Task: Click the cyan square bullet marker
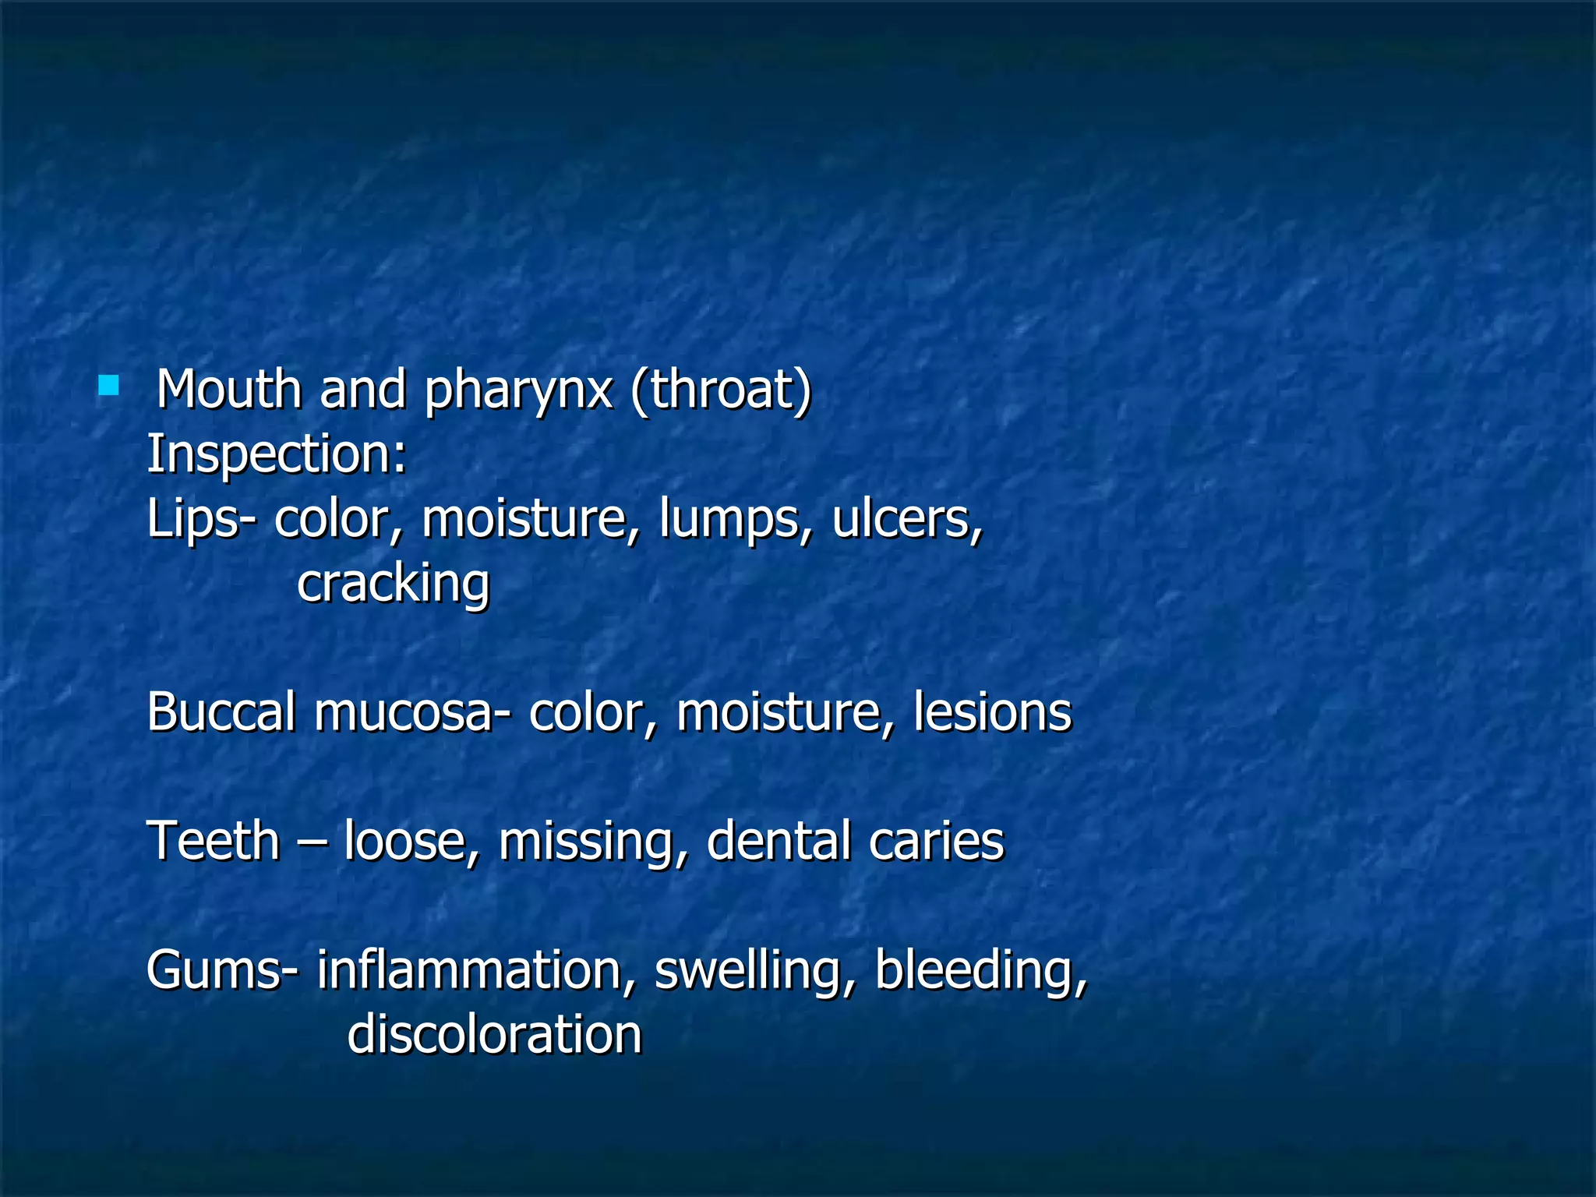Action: click(x=108, y=385)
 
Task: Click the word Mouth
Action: click(x=229, y=389)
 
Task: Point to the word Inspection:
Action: click(x=277, y=454)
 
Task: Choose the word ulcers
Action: click(x=906, y=518)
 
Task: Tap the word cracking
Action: click(x=394, y=584)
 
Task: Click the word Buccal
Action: click(x=221, y=712)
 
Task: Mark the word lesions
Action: click(x=992, y=712)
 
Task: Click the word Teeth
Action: click(x=214, y=842)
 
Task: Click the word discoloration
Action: click(x=494, y=1036)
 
